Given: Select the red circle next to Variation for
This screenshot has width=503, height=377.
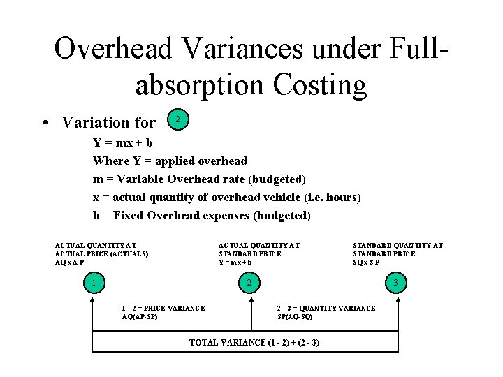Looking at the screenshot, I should pyautogui.click(x=178, y=120).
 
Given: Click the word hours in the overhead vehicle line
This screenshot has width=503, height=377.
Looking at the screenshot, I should pyautogui.click(x=342, y=197).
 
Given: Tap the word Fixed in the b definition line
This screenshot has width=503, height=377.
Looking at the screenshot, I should pyautogui.click(x=128, y=215).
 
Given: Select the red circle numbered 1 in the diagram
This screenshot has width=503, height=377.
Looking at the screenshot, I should pyautogui.click(x=92, y=283).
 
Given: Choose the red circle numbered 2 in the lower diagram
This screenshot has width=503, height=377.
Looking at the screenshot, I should pyautogui.click(x=249, y=283).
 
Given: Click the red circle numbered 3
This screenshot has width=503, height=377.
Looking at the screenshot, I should pyautogui.click(x=396, y=283).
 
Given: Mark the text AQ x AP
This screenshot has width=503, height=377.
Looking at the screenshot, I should pyautogui.click(x=69, y=263).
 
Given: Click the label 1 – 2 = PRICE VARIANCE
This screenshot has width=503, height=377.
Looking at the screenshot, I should pyautogui.click(x=163, y=308).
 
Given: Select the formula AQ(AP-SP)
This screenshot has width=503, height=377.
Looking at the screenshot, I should pyautogui.click(x=140, y=317).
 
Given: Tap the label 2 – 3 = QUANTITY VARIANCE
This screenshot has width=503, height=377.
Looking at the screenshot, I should pyautogui.click(x=326, y=308).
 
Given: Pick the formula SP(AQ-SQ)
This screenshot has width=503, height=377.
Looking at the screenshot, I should pyautogui.click(x=295, y=317).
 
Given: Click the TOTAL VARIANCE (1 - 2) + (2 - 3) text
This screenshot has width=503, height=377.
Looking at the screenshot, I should pyautogui.click(x=254, y=343).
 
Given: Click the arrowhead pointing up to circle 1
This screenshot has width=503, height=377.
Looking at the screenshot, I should pyautogui.click(x=92, y=299).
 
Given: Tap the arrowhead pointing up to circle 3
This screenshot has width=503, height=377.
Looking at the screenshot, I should pyautogui.click(x=397, y=299).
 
